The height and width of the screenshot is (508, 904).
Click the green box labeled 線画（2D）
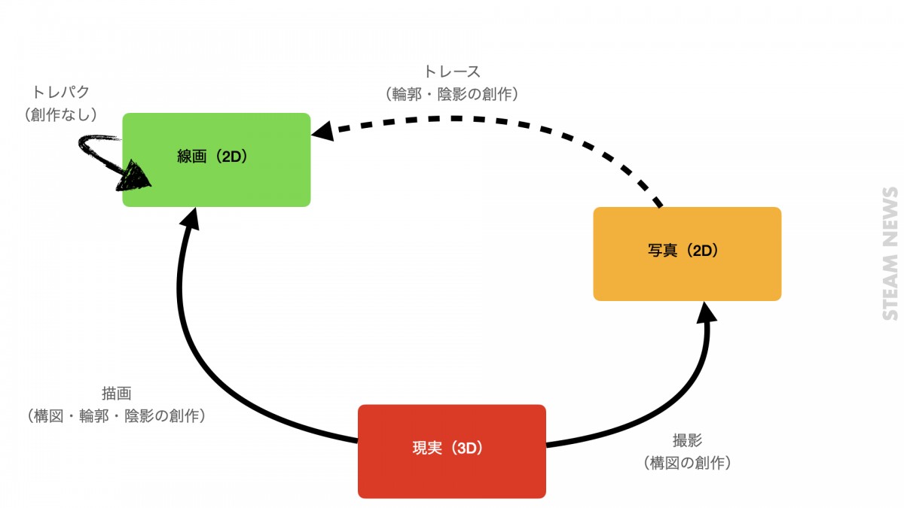[216, 160]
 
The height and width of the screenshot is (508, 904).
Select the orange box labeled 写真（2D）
[687, 254]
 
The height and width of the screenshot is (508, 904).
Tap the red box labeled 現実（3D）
[451, 451]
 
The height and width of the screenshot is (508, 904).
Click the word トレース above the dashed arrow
[452, 72]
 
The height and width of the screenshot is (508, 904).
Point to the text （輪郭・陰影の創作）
[452, 94]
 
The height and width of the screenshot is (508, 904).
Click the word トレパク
[60, 93]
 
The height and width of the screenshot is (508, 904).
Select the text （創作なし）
[60, 114]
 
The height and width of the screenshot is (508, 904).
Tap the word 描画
[117, 394]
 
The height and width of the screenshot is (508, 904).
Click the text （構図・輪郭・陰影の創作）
[117, 415]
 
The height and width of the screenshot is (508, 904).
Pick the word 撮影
[687, 441]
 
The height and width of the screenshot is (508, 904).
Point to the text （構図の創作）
[687, 463]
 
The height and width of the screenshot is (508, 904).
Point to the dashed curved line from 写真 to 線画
[527, 124]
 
